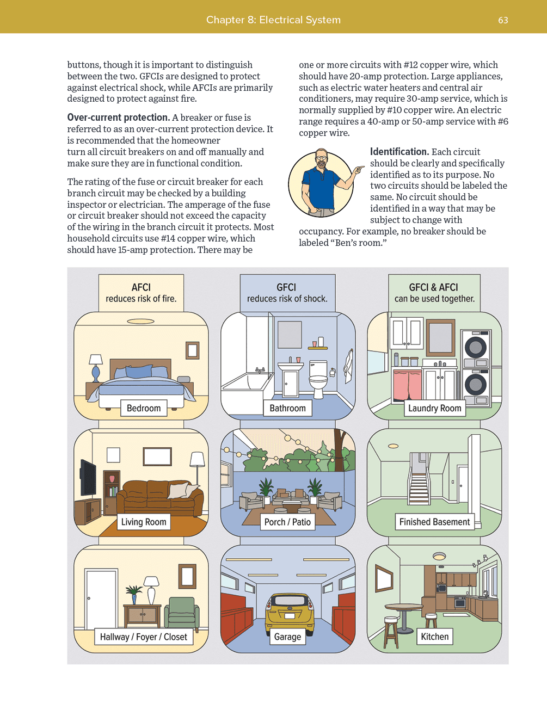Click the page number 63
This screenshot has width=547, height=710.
pos(503,20)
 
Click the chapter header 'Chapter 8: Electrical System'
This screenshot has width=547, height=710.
pos(273,20)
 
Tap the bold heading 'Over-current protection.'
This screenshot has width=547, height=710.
pos(118,118)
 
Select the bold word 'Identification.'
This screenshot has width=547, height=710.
pos(400,152)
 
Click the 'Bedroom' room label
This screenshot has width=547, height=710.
pos(144,408)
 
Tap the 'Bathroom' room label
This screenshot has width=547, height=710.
pos(287,408)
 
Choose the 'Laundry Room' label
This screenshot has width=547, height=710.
pos(434,408)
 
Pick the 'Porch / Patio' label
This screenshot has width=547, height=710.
pos(287,522)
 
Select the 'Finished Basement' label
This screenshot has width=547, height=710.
pos(434,522)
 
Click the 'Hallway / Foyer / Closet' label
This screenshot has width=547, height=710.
pos(143,637)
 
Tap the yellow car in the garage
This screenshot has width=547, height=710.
pos(290,612)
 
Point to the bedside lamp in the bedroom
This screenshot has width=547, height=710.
pos(96,367)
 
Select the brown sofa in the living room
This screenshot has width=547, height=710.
pos(160,496)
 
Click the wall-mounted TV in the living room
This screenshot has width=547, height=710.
pos(88,478)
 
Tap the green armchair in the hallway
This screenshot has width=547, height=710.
pos(182,612)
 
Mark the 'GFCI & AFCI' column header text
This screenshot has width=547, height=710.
pos(434,287)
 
